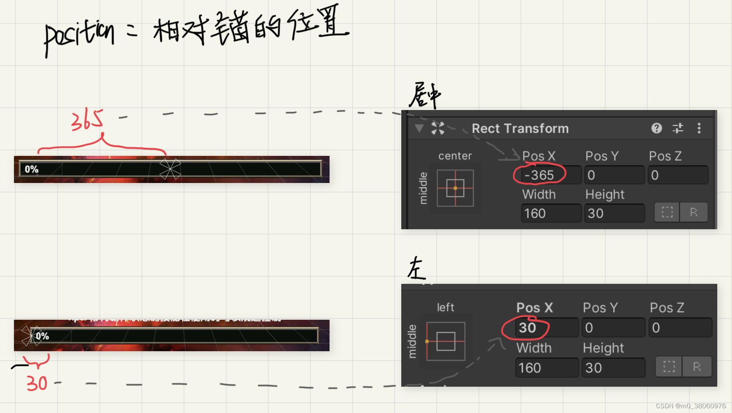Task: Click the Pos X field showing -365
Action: coord(550,175)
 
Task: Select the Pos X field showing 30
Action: coord(546,328)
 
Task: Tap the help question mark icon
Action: coord(656,128)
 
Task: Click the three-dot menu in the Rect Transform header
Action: coord(699,128)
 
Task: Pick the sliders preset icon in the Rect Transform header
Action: coord(678,128)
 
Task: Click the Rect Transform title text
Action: coord(520,128)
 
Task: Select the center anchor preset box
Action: coord(455,188)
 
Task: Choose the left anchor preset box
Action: coord(445,341)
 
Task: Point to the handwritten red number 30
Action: coord(37,383)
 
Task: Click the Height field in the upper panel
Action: coord(614,213)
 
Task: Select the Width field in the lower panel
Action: coord(546,368)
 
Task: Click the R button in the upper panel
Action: coord(693,212)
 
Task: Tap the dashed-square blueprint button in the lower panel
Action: coord(669,367)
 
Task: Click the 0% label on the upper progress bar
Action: coord(31,169)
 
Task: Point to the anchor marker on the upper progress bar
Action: coord(170,169)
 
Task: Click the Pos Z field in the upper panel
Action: coord(678,175)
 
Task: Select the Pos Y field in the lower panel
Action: coord(613,328)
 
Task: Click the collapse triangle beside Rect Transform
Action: coord(419,128)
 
